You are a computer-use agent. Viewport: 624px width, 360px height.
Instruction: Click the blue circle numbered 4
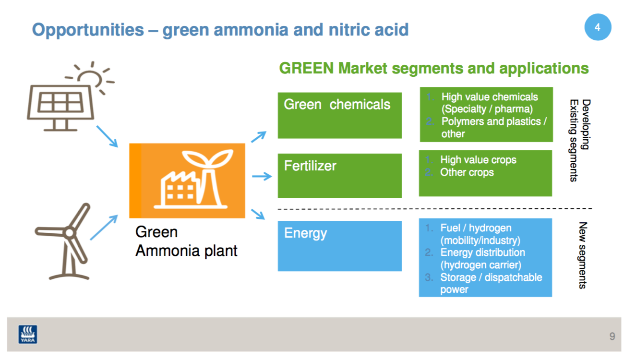click(598, 27)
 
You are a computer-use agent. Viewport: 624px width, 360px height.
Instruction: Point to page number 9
click(612, 336)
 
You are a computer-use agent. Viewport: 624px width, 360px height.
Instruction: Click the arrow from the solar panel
click(107, 136)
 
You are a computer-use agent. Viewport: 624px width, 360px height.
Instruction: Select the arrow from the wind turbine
click(104, 228)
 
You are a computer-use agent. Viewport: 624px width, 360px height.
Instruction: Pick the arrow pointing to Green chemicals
click(258, 137)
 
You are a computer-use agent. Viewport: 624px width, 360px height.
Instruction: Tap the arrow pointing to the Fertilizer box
click(262, 176)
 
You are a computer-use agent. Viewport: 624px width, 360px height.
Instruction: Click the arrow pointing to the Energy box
click(258, 214)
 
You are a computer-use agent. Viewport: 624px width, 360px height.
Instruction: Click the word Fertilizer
click(310, 166)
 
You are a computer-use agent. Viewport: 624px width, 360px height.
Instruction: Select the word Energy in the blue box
click(305, 233)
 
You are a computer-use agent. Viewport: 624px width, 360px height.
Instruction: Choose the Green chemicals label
click(337, 105)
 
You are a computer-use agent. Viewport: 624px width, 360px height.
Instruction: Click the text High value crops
click(478, 160)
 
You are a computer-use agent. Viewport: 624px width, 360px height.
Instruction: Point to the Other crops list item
click(467, 172)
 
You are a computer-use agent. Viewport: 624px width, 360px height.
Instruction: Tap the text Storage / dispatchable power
click(491, 283)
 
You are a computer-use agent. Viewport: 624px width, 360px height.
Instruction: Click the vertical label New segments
click(583, 255)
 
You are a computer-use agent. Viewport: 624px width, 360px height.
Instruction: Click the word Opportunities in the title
click(88, 30)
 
